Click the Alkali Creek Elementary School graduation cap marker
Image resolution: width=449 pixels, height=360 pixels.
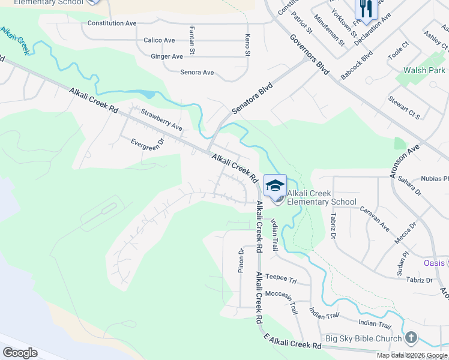(275, 185)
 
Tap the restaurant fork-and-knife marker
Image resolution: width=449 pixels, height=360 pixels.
(365, 9)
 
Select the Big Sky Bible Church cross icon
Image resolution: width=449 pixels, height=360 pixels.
(411, 339)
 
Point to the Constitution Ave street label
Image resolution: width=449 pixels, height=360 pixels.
(112, 23)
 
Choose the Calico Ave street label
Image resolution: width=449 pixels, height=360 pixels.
(159, 40)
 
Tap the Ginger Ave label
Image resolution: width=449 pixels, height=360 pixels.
(167, 56)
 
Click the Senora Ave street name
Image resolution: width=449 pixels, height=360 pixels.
(197, 73)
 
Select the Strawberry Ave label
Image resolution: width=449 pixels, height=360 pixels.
(161, 119)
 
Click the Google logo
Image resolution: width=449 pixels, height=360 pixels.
(20, 353)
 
